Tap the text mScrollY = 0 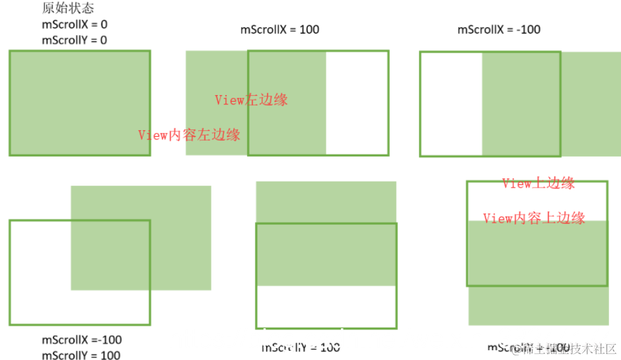pyautogui.click(x=75, y=40)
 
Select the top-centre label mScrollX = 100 pyautogui.click(x=279, y=30)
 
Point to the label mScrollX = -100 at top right pyautogui.click(x=499, y=30)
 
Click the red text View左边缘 pyautogui.click(x=251, y=100)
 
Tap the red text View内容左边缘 pyautogui.click(x=189, y=135)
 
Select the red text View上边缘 pyautogui.click(x=538, y=184)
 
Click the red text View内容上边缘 pyautogui.click(x=534, y=218)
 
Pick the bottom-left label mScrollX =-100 pyautogui.click(x=81, y=340)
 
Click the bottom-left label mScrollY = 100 pyautogui.click(x=81, y=355)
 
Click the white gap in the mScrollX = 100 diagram pyautogui.click(x=357, y=103)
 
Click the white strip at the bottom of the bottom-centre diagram pyautogui.click(x=326, y=306)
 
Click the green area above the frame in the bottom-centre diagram pyautogui.click(x=326, y=201)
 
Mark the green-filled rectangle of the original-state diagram pyautogui.click(x=80, y=103)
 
